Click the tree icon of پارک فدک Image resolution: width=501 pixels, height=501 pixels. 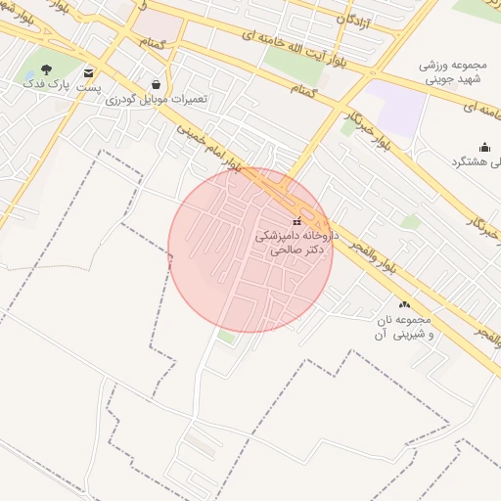point(47,70)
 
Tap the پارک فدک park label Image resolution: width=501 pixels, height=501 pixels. point(48,86)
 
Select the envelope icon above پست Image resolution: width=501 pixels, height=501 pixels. point(89,72)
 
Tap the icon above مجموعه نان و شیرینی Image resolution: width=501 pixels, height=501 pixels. point(404,305)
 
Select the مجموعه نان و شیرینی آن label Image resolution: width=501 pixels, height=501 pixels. point(401,328)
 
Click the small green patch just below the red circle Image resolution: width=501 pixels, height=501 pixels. point(227,337)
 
